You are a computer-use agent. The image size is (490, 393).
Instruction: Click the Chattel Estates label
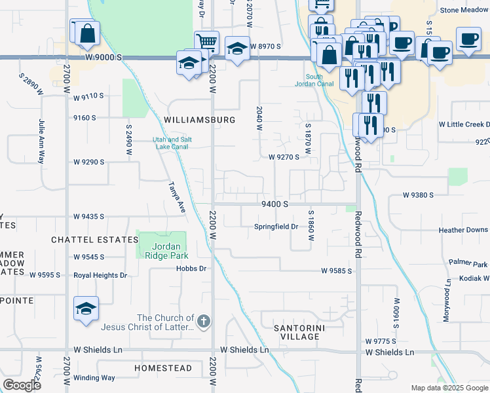(95, 240)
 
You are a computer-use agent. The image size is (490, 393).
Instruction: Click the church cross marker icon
(204, 322)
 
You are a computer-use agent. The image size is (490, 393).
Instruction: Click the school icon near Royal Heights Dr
(86, 309)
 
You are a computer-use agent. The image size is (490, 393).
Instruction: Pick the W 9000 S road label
(104, 58)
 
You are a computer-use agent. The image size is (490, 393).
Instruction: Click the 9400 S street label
(275, 204)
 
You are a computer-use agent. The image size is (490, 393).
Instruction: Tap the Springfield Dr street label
(276, 227)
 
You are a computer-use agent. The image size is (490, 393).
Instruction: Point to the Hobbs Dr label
(191, 269)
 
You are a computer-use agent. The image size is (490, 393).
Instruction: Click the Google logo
(22, 385)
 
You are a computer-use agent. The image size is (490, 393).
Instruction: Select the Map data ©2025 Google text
(449, 388)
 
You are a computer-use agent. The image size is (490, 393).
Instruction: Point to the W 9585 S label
(337, 271)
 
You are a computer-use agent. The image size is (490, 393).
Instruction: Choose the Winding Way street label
(94, 378)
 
